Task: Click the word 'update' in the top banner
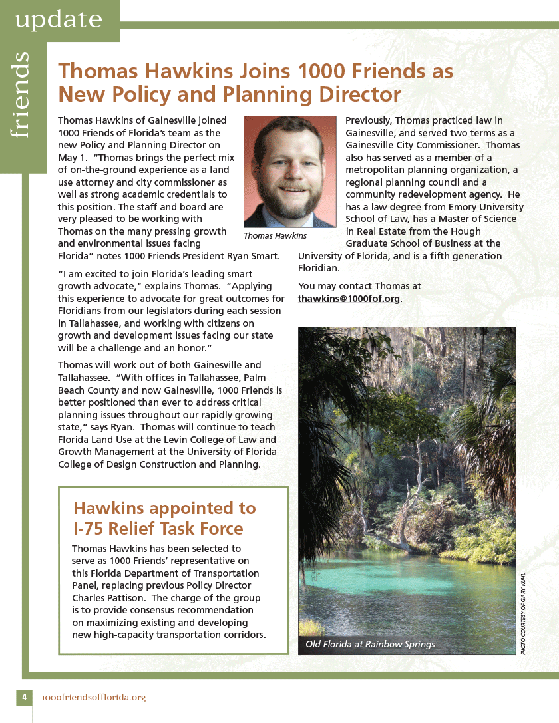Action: [59, 20]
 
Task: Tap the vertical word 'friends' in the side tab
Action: [21, 94]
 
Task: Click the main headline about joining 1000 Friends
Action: [256, 82]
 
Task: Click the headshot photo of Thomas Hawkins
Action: [289, 172]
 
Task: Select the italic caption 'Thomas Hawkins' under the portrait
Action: [275, 235]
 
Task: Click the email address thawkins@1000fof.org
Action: [349, 299]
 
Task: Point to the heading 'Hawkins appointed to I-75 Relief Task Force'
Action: [164, 518]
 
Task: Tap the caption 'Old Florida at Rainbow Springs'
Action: [370, 644]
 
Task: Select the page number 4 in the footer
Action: [24, 698]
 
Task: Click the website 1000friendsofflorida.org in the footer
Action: [93, 698]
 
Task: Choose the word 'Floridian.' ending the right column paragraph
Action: [319, 268]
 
